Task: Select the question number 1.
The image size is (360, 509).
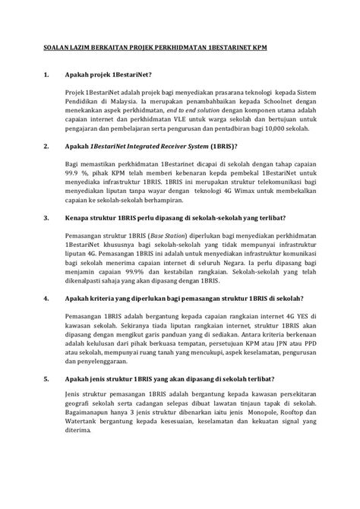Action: pyautogui.click(x=46, y=74)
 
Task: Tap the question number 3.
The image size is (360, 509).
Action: pyautogui.click(x=46, y=238)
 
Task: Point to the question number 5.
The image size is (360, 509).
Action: pyautogui.click(x=46, y=400)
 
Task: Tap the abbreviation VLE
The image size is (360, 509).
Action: pyautogui.click(x=186, y=140)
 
